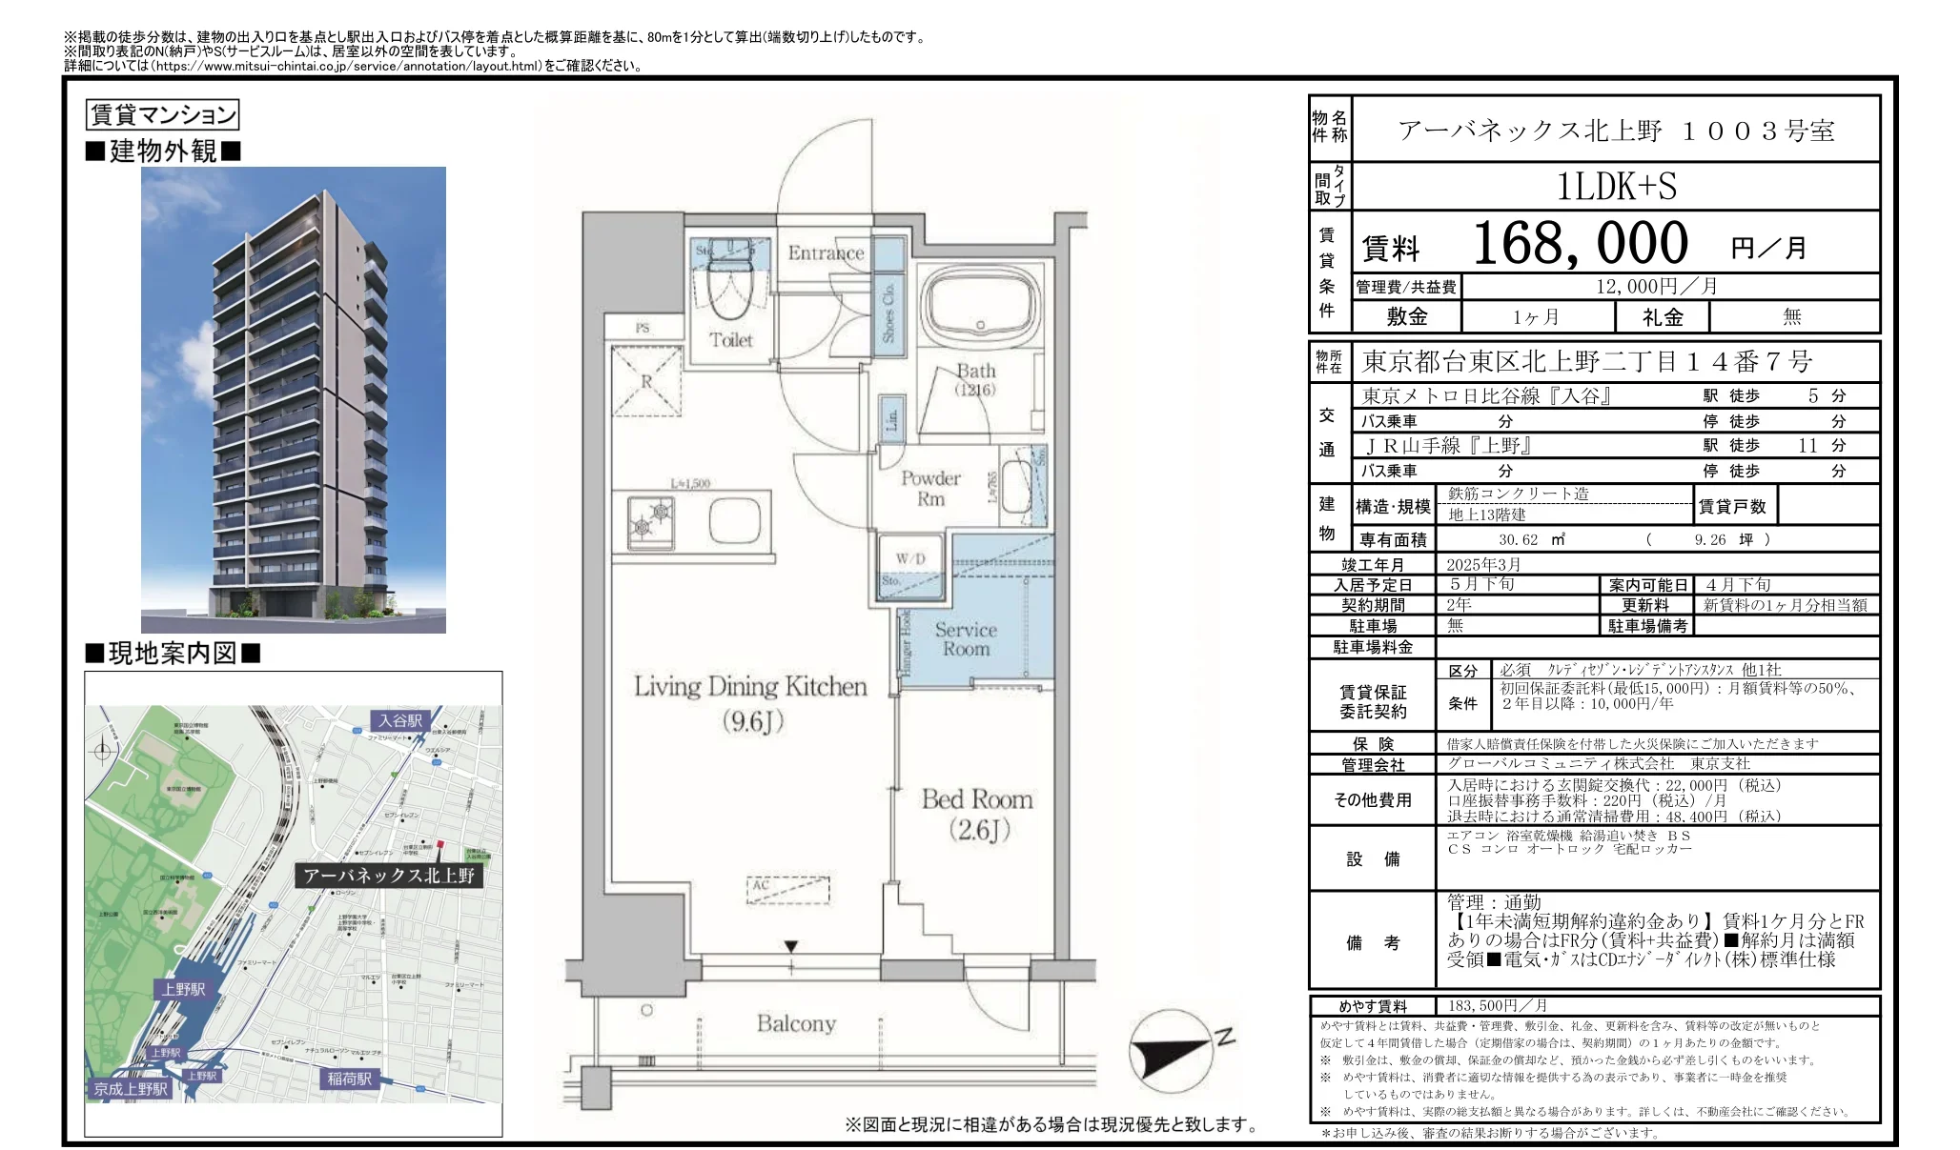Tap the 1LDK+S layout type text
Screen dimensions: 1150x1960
(1616, 187)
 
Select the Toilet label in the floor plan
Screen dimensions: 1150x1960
(730, 340)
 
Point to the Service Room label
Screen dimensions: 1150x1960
(966, 639)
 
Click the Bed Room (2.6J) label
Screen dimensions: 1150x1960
(978, 814)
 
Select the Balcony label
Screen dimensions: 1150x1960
(796, 1024)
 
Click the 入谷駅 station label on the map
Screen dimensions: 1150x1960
(399, 721)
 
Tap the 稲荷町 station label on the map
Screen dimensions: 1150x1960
(349, 1079)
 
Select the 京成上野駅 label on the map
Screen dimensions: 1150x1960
(131, 1089)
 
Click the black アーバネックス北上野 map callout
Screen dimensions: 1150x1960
(388, 876)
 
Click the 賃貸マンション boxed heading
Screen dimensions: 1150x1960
(162, 115)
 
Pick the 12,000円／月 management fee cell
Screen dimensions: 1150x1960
(1656, 287)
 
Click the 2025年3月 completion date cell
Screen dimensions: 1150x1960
(1483, 564)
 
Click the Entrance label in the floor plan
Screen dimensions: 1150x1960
(825, 253)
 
